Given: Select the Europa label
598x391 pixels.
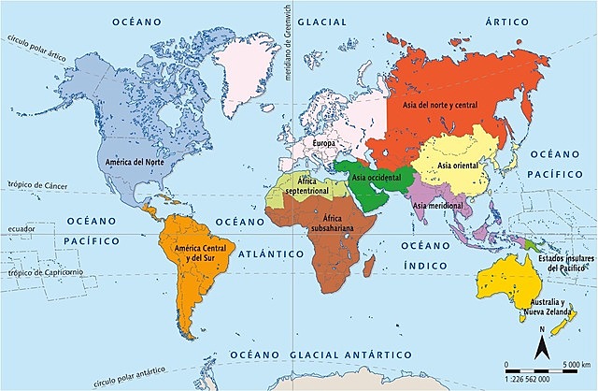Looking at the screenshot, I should point(324,143).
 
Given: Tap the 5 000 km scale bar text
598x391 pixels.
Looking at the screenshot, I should point(572,364).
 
